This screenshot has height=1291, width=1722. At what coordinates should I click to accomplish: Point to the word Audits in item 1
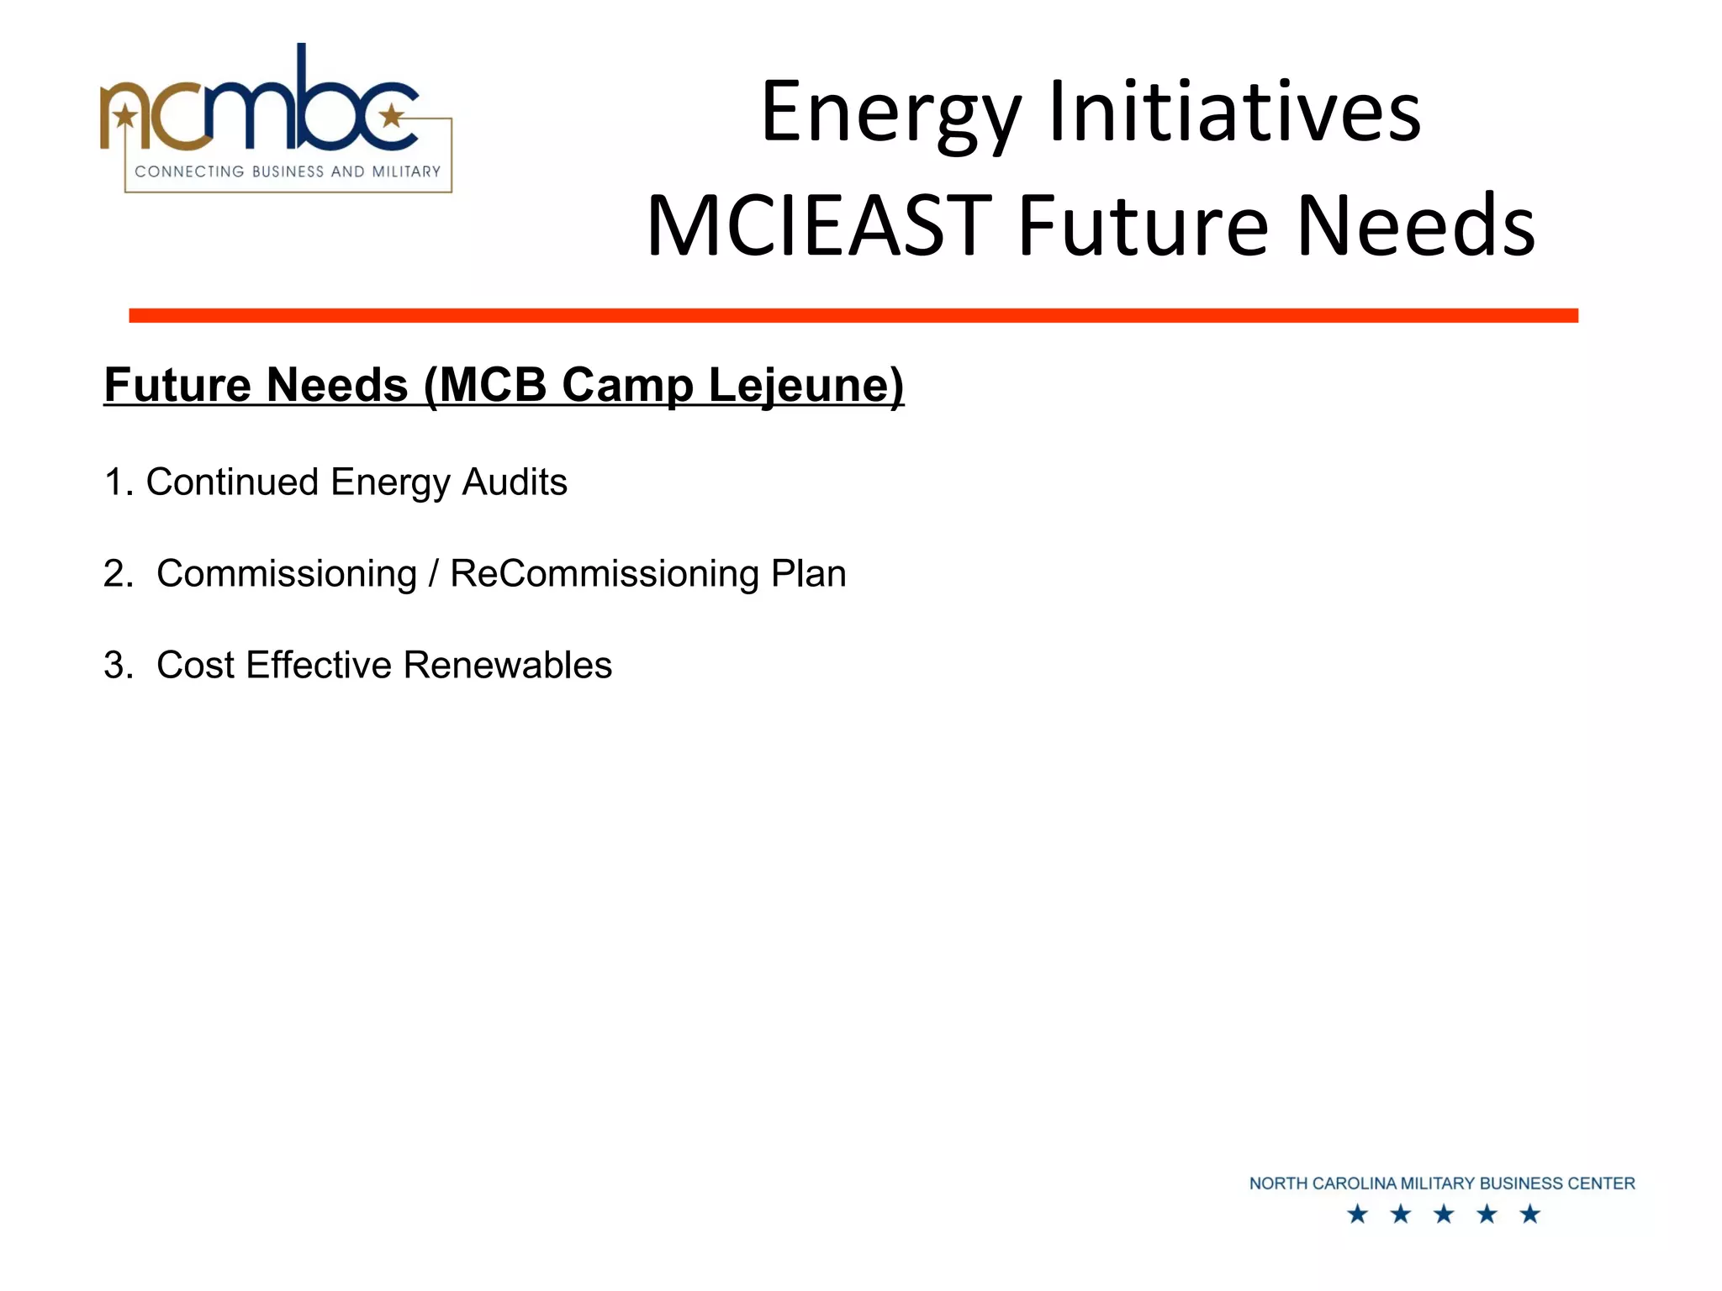515,482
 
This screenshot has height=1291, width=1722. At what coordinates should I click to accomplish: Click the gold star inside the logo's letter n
126,114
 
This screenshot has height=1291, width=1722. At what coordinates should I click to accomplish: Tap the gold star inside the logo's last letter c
391,115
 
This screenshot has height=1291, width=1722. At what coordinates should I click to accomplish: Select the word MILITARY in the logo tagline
406,171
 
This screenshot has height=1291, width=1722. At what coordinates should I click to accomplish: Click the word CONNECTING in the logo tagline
189,171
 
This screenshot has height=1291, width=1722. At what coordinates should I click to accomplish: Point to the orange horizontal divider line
853,315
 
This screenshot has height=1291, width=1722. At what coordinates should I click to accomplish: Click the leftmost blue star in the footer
1357,1214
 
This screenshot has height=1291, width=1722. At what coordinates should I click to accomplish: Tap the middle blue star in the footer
1444,1214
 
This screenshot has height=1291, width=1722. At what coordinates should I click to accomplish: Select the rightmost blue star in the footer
1530,1214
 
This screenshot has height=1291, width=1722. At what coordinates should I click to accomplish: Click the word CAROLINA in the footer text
1354,1183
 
